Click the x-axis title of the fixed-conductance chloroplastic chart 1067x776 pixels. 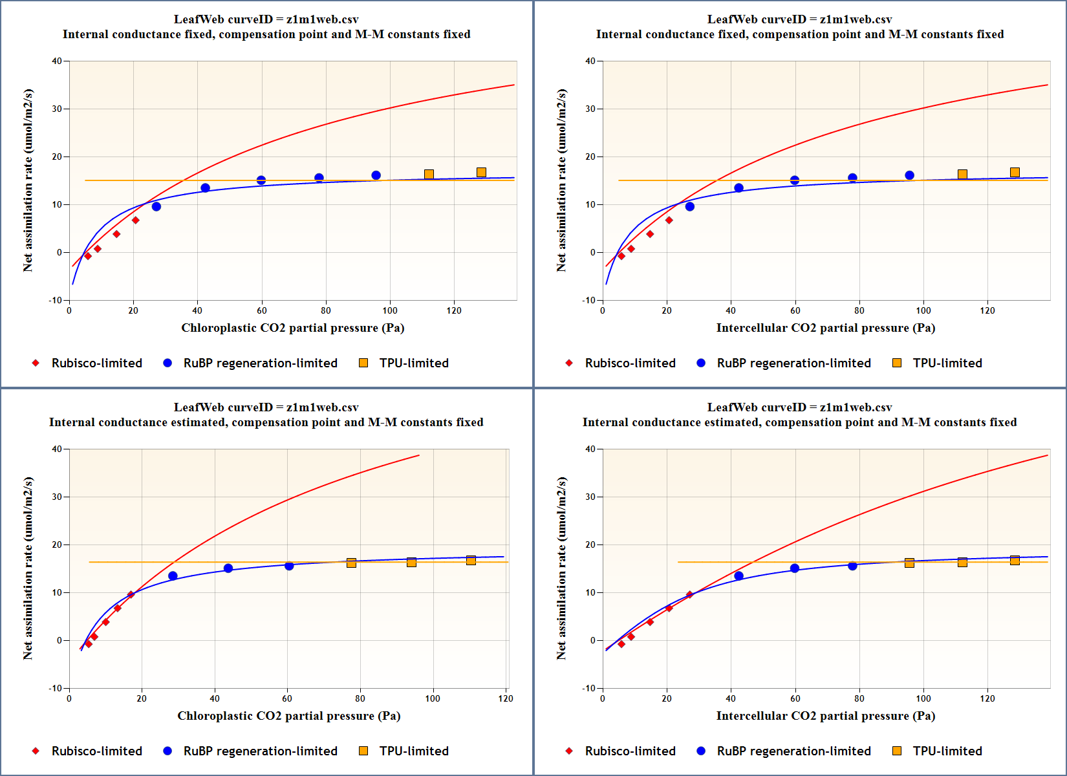pos(292,328)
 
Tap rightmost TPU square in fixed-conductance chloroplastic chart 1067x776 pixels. pos(481,173)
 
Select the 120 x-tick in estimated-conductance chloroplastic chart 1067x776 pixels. pos(506,698)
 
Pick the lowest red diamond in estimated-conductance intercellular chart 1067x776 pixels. pos(621,644)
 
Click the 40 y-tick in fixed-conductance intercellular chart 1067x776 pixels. pos(590,61)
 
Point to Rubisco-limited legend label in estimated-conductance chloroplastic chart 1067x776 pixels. pos(96,751)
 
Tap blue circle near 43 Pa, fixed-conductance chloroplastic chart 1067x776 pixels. pos(205,188)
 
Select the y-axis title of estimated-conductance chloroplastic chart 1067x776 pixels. pos(28,568)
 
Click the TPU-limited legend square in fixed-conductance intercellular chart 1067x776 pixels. pos(897,363)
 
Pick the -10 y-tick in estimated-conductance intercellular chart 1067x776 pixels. pos(588,688)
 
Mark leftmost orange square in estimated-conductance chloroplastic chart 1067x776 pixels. pos(351,563)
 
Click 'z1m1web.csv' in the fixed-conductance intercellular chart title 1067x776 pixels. pos(856,19)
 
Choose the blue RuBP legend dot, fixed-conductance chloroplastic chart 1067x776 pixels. pos(167,363)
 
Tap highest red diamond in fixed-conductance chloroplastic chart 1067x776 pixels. pos(135,221)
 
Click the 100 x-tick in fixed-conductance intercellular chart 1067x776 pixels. pos(923,310)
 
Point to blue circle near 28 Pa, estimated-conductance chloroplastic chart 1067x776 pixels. pos(173,576)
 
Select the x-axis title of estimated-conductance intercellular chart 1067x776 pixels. pos(825,716)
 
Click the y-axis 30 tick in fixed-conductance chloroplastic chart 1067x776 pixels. pos(58,109)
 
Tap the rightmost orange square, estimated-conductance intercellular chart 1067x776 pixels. pos(1015,561)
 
